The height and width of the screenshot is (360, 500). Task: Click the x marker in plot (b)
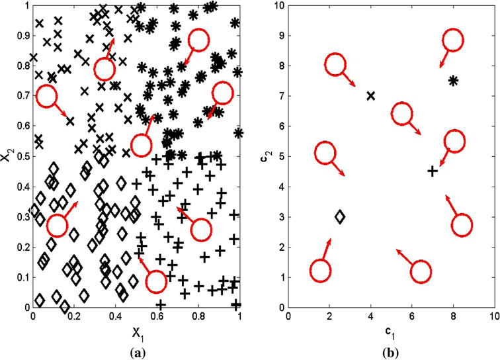pyautogui.click(x=370, y=96)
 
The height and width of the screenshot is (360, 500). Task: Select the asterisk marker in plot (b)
pyautogui.click(x=453, y=81)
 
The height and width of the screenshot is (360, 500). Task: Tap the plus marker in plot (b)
pyautogui.click(x=433, y=171)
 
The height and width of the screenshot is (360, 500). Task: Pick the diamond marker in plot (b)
pyautogui.click(x=340, y=216)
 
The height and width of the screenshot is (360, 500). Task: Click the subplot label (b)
pyautogui.click(x=390, y=351)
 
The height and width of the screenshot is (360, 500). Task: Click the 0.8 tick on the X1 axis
pyautogui.click(x=198, y=316)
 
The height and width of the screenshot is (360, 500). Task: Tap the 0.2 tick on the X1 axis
pyautogui.click(x=74, y=316)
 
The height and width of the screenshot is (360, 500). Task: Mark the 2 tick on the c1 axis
pyautogui.click(x=329, y=316)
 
